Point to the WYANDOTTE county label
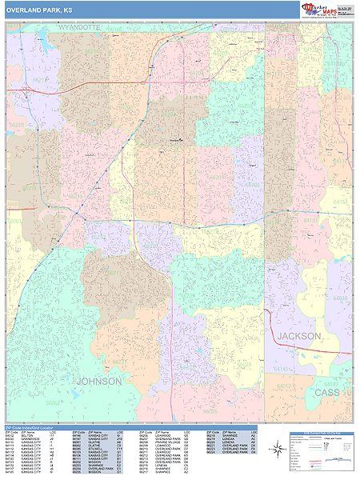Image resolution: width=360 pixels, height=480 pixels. pos(80,27)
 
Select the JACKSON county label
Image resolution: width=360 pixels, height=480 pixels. pos(299,336)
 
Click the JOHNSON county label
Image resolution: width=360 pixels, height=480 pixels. pos(99,382)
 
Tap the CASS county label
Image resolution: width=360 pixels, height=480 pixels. pos(326,393)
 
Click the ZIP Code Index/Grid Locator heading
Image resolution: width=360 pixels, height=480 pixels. pos(31,427)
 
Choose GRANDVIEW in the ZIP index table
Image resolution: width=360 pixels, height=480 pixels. pos(30,439)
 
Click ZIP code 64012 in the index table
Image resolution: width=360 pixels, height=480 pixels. pos(10,435)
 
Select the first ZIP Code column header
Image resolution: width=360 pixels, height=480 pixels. pos(11,432)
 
